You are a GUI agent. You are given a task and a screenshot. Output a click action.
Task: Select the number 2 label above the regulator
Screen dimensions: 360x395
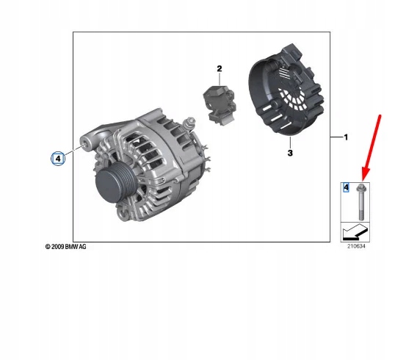coord(218,68)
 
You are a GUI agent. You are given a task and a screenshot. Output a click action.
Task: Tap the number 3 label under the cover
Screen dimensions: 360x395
coord(289,153)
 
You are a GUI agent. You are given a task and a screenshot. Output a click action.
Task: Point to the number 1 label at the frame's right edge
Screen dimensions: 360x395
coord(347,137)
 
